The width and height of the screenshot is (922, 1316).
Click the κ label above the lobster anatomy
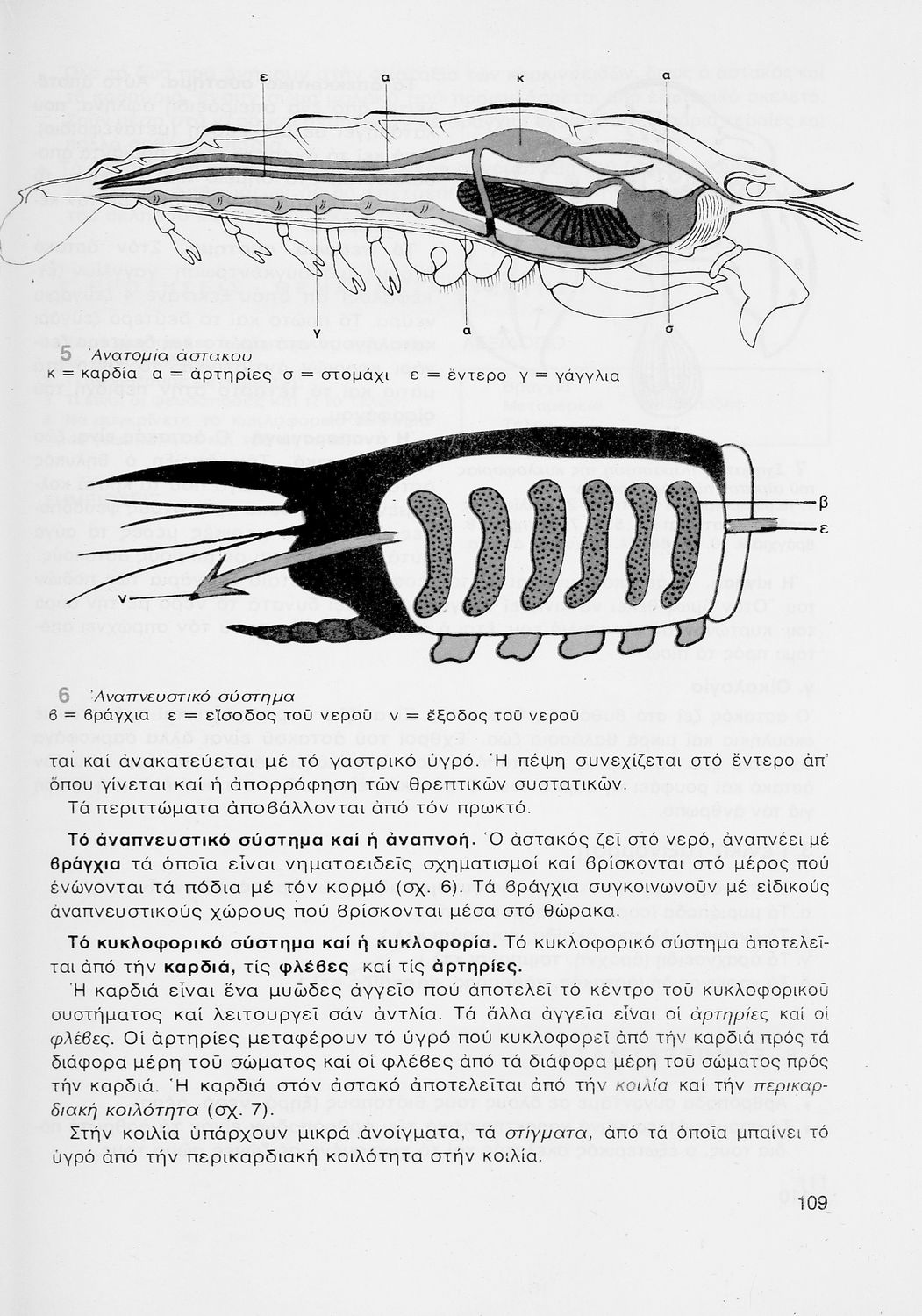[519, 79]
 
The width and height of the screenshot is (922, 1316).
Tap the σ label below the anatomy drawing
[669, 331]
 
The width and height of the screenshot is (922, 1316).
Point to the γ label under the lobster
[314, 330]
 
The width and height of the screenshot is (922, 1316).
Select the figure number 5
[66, 354]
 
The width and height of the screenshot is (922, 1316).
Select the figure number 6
[64, 692]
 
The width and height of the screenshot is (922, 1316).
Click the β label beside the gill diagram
[823, 503]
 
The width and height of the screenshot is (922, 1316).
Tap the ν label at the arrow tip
[122, 597]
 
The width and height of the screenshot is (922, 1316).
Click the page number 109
[812, 1203]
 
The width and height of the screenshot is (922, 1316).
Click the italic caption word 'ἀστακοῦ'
[213, 356]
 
